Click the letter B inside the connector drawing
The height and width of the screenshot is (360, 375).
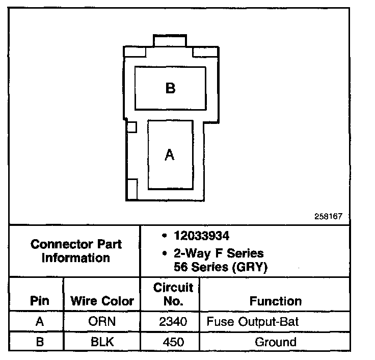(170, 88)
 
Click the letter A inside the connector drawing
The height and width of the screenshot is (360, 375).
(170, 155)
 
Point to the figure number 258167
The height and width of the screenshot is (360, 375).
(328, 216)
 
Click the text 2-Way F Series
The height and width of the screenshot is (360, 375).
(219, 253)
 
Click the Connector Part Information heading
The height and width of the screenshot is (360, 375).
(76, 251)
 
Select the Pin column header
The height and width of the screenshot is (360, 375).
(40, 301)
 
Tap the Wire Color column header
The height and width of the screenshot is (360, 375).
(102, 301)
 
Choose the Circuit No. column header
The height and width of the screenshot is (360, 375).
(173, 294)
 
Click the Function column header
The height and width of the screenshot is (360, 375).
(275, 301)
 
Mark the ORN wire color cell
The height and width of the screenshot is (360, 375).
(102, 322)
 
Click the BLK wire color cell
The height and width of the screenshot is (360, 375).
(102, 341)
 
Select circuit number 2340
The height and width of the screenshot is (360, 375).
(173, 322)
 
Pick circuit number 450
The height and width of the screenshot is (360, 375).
(173, 341)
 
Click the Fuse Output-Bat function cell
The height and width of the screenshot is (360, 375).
(252, 322)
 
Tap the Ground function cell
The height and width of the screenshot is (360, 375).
(275, 341)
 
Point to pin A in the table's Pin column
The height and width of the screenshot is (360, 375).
(40, 322)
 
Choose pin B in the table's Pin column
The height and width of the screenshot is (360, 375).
(40, 341)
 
